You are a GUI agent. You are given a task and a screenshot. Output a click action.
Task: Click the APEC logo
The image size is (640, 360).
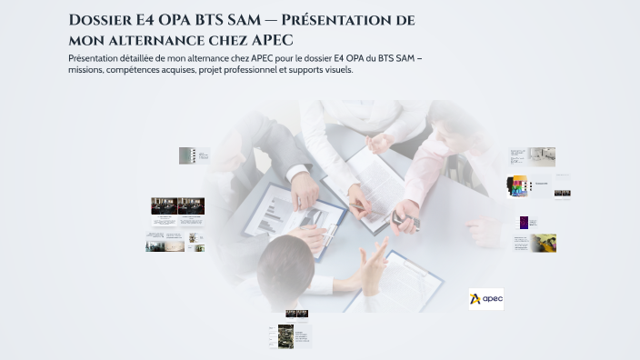click(486, 298)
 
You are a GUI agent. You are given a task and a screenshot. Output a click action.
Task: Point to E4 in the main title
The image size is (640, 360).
click(148, 21)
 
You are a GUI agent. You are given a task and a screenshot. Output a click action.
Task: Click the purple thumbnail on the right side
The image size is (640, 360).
click(525, 222)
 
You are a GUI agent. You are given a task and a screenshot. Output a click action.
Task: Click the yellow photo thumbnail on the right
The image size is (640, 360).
click(544, 243)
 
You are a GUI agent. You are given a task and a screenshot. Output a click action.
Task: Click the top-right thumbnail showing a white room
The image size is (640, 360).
click(543, 156)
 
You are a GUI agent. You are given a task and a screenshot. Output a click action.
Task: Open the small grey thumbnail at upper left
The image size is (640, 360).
click(187, 155)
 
